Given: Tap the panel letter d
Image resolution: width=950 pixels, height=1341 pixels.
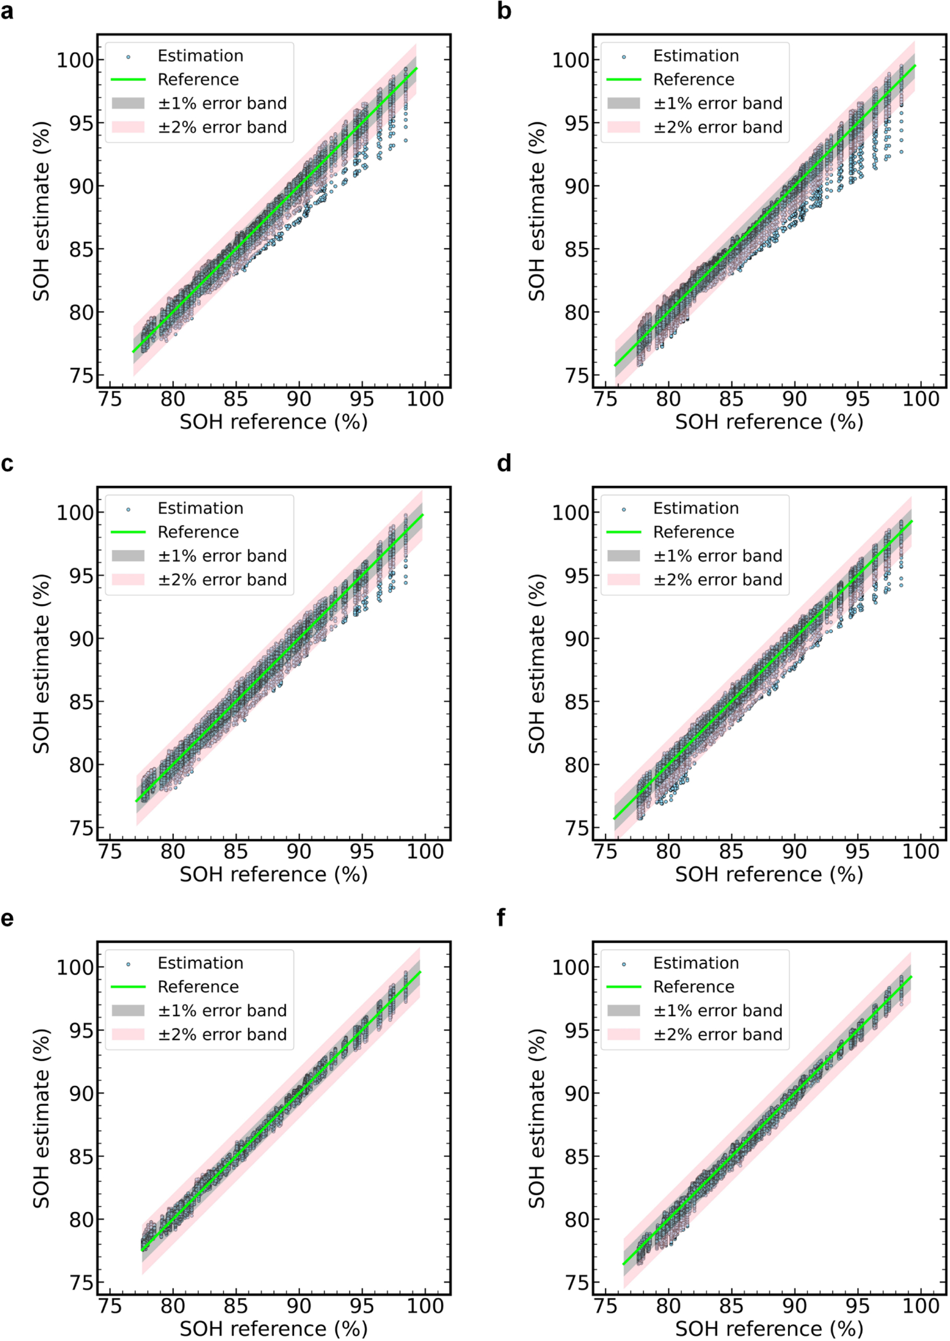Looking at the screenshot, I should click(x=504, y=463).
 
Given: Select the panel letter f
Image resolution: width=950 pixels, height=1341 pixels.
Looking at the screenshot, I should click(x=501, y=917).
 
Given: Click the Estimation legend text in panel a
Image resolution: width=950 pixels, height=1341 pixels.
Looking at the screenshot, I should click(x=200, y=56).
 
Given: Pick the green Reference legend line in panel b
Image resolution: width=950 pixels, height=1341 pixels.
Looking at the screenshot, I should click(x=624, y=79).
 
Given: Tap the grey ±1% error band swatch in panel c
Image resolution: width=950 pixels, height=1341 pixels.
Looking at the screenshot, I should click(x=128, y=556).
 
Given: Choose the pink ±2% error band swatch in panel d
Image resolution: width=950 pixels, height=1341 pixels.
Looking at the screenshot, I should click(x=624, y=580).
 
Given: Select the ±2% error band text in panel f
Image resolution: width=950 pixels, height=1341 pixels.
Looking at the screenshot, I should click(x=718, y=1035).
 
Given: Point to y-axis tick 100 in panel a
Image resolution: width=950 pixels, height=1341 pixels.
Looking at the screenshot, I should click(x=75, y=60).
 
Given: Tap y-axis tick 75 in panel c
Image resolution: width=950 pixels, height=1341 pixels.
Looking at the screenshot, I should click(x=82, y=828).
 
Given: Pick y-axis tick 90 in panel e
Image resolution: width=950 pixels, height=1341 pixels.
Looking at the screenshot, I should click(x=82, y=1094).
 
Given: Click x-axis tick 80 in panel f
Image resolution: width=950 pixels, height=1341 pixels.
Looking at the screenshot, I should click(x=668, y=1306).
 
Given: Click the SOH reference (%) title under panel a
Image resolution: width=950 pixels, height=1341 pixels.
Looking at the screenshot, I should click(x=273, y=422).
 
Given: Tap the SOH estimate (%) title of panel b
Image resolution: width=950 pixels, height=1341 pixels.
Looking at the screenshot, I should click(x=537, y=212).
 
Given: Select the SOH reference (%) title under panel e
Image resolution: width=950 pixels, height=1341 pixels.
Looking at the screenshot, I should click(x=273, y=1328).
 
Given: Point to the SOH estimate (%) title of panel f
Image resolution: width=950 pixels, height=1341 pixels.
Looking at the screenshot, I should click(x=537, y=1118).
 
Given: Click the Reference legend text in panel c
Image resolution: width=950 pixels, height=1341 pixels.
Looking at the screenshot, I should click(x=198, y=533).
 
